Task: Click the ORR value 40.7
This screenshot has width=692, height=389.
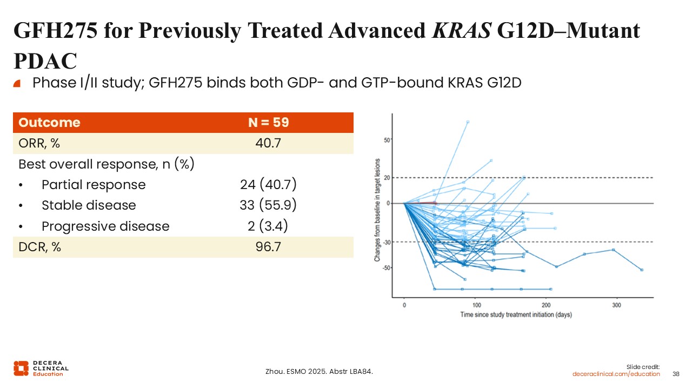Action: (x=268, y=143)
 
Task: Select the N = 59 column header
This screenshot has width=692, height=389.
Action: (x=268, y=123)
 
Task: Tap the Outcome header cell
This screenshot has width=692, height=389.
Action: (x=49, y=123)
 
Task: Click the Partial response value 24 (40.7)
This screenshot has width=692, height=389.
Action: (x=268, y=185)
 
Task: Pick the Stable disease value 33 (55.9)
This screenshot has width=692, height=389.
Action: (x=268, y=205)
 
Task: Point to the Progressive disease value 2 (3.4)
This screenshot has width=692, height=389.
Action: (x=268, y=226)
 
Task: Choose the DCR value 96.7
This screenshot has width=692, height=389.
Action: (x=268, y=247)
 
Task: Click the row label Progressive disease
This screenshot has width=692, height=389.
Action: (x=105, y=226)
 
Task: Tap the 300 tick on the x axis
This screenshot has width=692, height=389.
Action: (x=617, y=305)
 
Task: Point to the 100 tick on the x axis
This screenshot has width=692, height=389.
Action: (x=475, y=305)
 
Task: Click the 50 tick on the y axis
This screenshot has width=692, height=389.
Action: (x=387, y=140)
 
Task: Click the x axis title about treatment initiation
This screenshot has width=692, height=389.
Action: (x=516, y=314)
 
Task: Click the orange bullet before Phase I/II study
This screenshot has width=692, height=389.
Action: (x=17, y=83)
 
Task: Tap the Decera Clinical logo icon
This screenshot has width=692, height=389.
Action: (x=21, y=368)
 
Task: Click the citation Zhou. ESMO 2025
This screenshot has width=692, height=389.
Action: (x=319, y=371)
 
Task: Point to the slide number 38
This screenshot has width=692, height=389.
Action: (x=675, y=374)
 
